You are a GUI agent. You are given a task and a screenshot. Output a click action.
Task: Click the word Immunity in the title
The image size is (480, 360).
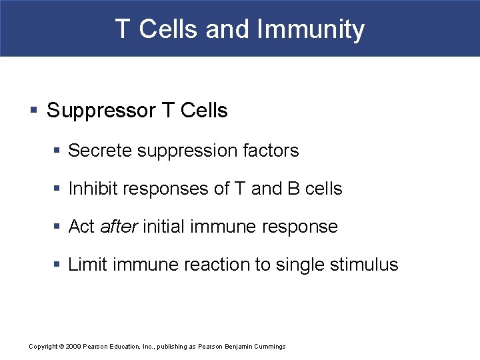(311, 29)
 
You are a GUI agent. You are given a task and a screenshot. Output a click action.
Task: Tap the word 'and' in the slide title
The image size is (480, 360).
(227, 29)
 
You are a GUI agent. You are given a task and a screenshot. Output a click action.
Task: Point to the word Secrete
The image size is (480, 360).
(100, 151)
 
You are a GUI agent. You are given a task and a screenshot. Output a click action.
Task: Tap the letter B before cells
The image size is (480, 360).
(293, 189)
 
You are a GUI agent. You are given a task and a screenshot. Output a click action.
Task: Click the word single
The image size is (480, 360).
(302, 265)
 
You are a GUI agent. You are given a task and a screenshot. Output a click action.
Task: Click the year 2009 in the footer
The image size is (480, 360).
(73, 347)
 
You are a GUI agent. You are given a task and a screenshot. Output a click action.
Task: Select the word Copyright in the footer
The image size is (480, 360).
(43, 347)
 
